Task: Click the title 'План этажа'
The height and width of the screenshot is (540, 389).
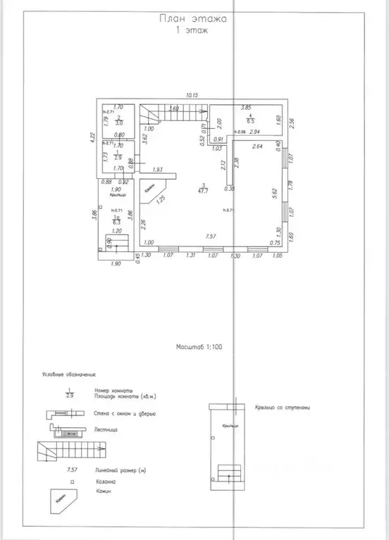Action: pyautogui.click(x=192, y=21)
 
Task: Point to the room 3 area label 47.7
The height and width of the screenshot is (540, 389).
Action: pyautogui.click(x=203, y=189)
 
